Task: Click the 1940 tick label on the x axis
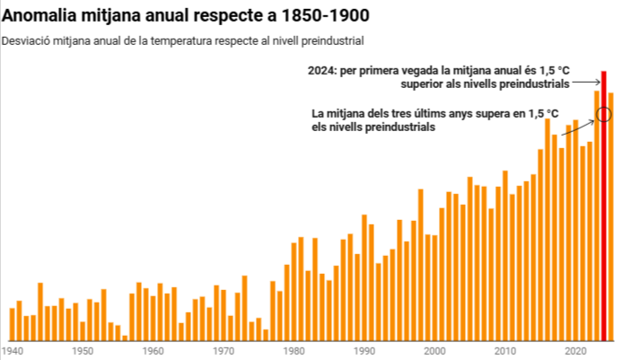point(13,351)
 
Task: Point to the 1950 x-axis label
point(83,351)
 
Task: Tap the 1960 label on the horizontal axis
point(153,351)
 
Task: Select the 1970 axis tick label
point(223,351)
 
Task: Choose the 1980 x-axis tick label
point(294,351)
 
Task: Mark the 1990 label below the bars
point(364,351)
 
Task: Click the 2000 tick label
point(435,351)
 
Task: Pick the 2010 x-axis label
point(505,351)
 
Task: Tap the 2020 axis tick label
point(575,351)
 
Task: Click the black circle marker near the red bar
point(603,114)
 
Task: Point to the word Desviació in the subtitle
point(26,41)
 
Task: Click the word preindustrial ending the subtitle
point(334,41)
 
